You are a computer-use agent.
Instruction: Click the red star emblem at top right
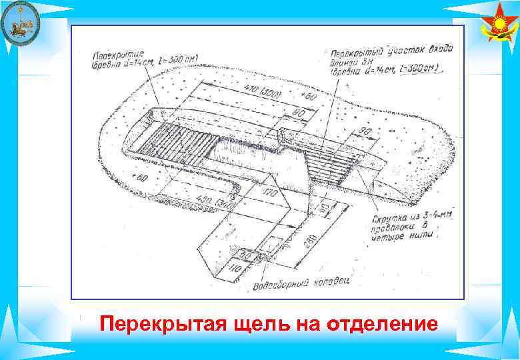[x=499, y=27]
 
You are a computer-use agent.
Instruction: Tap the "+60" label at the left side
[x=139, y=178]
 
